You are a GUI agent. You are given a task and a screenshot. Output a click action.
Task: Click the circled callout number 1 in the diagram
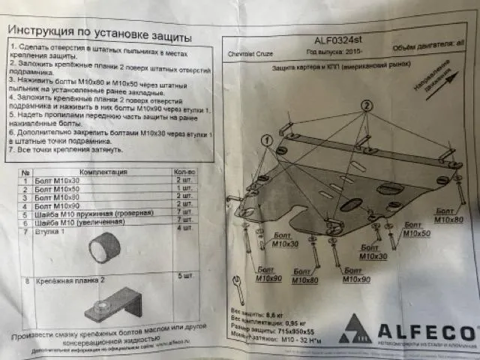click(267, 140)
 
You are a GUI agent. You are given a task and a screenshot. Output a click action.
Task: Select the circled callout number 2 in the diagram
click(366, 106)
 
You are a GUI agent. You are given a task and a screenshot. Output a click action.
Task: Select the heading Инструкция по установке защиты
click(99, 35)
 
